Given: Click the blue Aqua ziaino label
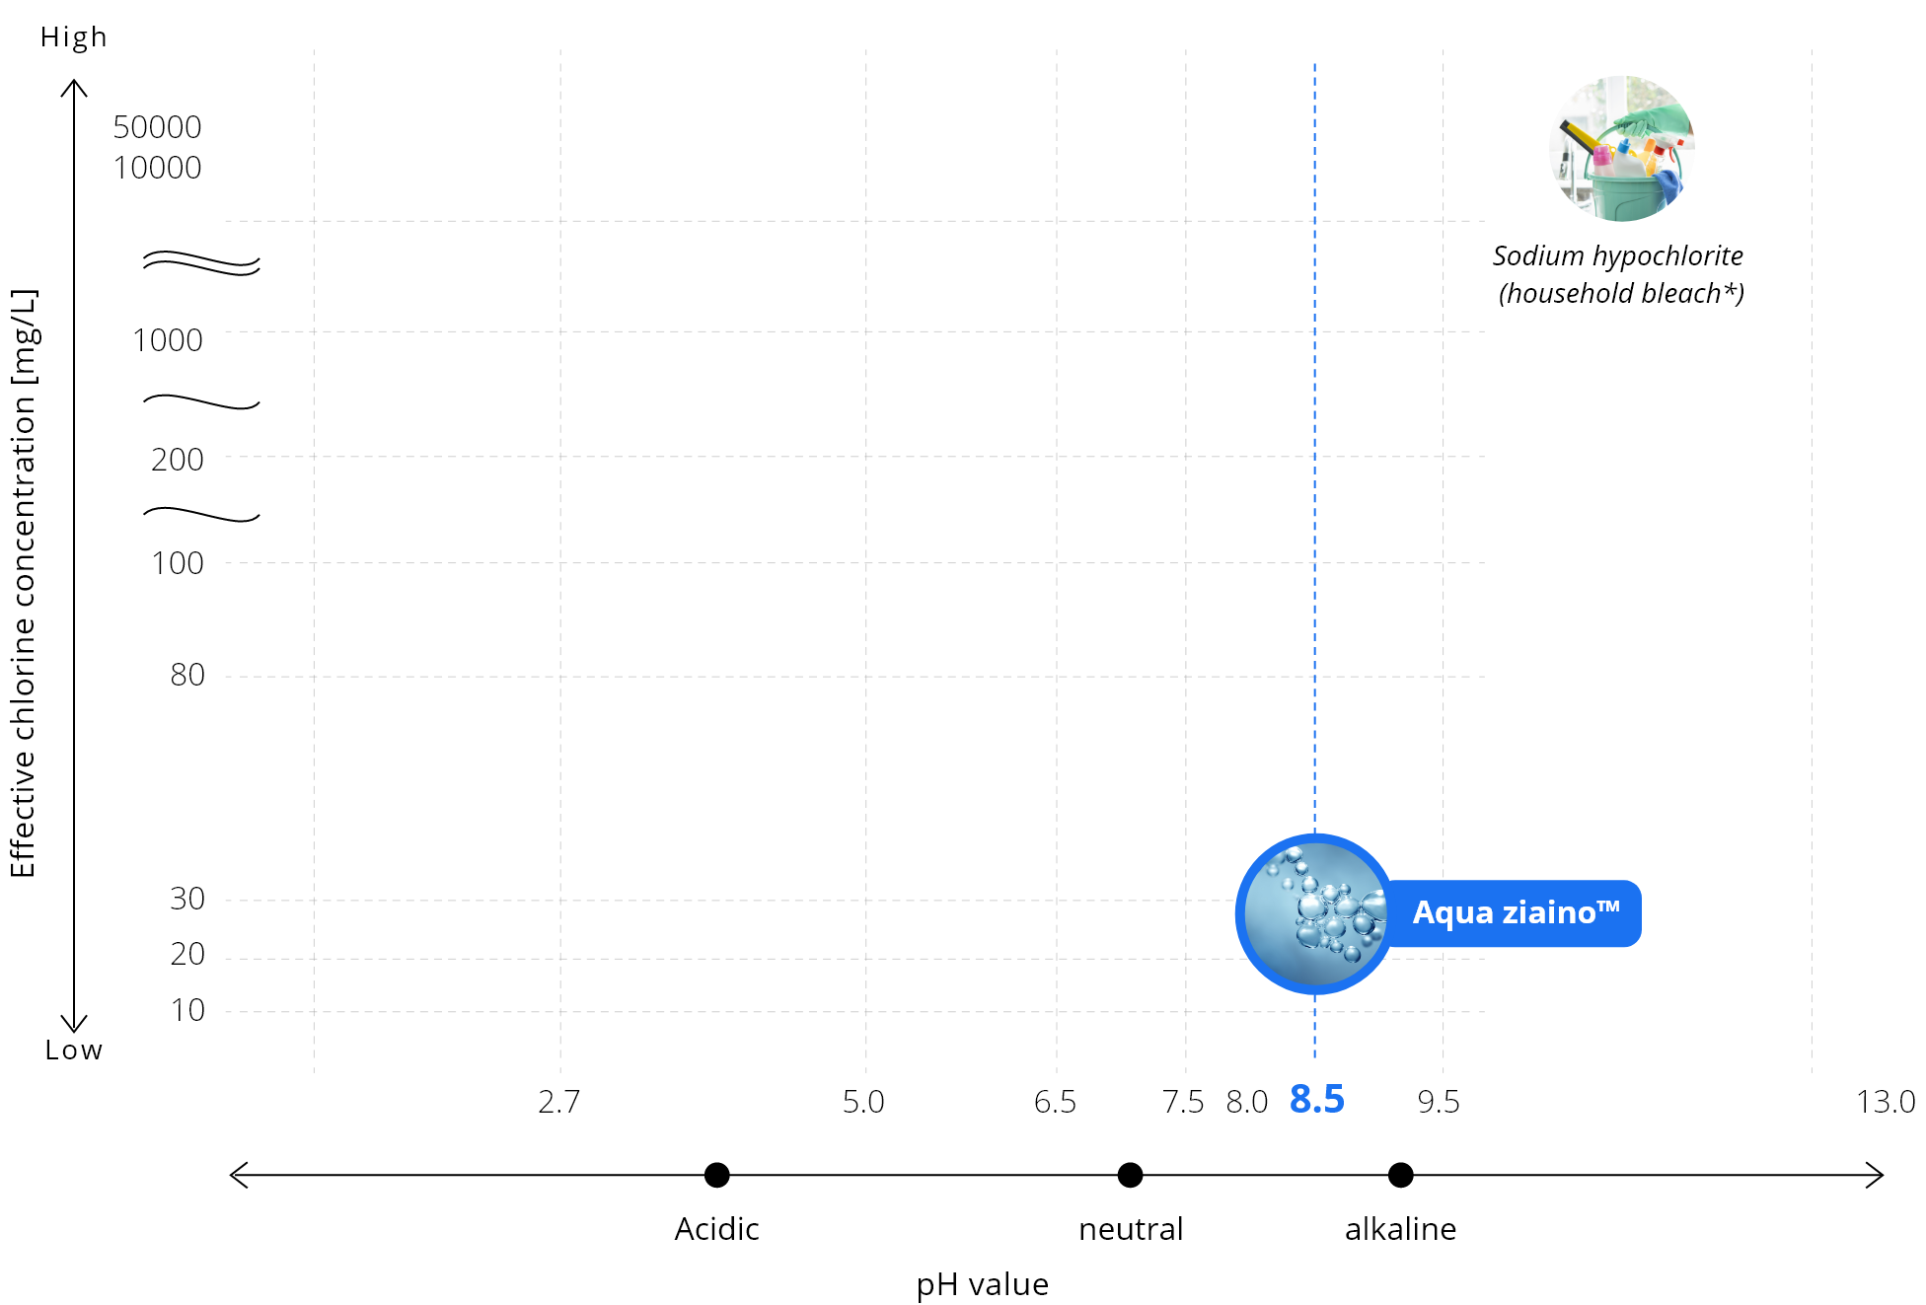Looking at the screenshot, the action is (x=1516, y=913).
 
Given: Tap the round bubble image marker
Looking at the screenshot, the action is (x=1315, y=913).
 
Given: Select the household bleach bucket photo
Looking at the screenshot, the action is (x=1621, y=149).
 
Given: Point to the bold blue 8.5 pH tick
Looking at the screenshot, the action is (x=1317, y=1100).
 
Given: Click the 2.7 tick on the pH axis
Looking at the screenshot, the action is (x=559, y=1102).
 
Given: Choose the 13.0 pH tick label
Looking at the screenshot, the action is (x=1886, y=1102).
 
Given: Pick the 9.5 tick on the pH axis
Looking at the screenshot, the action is (x=1439, y=1102).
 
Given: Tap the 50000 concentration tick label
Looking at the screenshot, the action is (x=157, y=127).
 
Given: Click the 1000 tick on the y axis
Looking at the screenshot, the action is (x=168, y=340).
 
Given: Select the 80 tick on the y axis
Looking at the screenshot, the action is (x=187, y=675).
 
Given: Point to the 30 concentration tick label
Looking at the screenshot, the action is (x=187, y=899).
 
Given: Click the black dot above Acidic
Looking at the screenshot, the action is (x=717, y=1175).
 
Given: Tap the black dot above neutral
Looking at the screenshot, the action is (x=1130, y=1175).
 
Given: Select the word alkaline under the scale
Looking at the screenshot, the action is (x=1400, y=1229).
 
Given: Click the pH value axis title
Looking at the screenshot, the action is (x=983, y=1284).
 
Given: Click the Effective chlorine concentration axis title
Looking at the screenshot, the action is (x=23, y=583).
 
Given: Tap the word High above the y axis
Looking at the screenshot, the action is (x=74, y=37).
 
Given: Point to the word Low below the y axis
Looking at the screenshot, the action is (x=74, y=1050).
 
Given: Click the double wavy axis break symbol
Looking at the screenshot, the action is (x=201, y=263).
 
